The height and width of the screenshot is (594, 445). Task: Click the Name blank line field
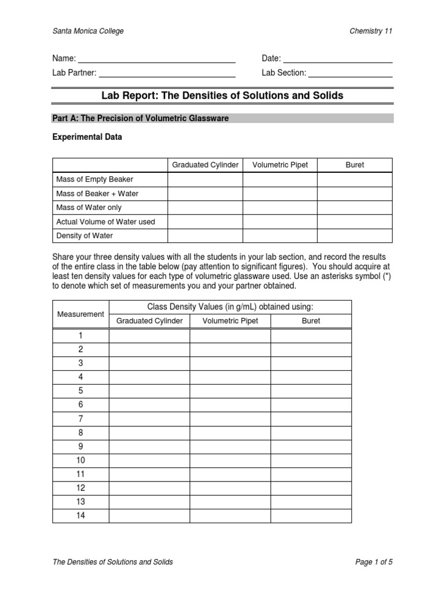coord(156,59)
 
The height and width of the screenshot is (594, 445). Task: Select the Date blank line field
coord(338,59)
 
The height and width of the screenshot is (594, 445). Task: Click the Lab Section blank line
coord(351,74)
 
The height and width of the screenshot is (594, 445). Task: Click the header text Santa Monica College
coord(88,31)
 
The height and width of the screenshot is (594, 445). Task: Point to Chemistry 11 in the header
coord(371,31)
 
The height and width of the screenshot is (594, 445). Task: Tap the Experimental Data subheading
coord(87,137)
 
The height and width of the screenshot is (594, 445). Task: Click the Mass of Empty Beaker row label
coord(94,179)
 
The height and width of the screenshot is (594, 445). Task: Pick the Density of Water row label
coord(85,236)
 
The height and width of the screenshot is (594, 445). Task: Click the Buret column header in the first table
coord(355,165)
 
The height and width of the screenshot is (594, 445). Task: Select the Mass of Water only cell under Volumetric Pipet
coord(280,207)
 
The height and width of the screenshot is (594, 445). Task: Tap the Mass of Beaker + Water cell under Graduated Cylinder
coord(205,193)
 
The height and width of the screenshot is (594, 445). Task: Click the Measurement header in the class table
coord(81,314)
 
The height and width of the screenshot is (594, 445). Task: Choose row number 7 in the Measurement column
coord(81,419)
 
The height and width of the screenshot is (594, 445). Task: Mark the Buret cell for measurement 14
coord(311,516)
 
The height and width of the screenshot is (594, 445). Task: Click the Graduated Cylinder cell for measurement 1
coord(149,335)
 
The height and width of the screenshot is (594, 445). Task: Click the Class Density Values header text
coord(230,307)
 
